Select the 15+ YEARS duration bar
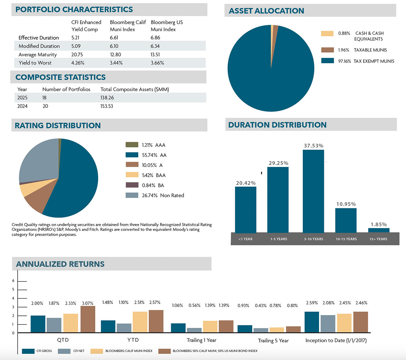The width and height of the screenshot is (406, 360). tap(379, 230)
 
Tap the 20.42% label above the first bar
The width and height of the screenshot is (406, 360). tap(245, 183)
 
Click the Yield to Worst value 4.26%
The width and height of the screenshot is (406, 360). tap(78, 63)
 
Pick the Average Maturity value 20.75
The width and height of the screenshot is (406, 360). tap(78, 55)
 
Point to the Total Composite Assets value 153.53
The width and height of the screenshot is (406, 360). tap(107, 106)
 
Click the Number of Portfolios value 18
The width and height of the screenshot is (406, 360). tap(45, 98)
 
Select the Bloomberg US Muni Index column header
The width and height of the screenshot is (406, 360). tap(167, 26)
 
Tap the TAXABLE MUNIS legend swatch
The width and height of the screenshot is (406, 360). tap(327, 50)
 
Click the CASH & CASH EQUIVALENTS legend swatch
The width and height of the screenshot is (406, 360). tap(327, 34)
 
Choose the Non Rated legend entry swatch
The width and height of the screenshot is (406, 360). tap(132, 195)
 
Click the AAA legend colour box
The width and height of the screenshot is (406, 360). tap(132, 145)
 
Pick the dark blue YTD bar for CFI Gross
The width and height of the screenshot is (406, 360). tap(108, 326)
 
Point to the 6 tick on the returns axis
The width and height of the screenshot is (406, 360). tap(13, 281)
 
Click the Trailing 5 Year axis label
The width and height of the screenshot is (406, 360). tap(273, 341)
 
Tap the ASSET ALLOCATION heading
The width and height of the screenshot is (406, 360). tap(267, 11)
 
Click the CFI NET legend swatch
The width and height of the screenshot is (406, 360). tap(65, 351)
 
